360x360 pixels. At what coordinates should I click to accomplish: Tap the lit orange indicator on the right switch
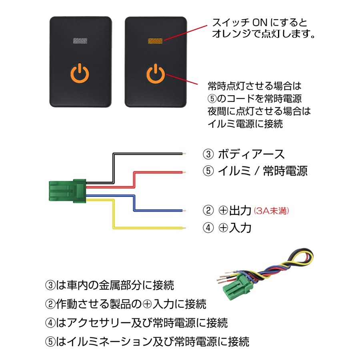(x=156, y=40)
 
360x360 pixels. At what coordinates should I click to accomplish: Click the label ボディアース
(x=251, y=154)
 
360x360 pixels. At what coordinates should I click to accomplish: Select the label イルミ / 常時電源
(x=262, y=171)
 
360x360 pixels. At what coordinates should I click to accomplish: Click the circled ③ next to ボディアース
(x=208, y=154)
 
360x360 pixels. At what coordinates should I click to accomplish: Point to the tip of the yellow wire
(x=185, y=228)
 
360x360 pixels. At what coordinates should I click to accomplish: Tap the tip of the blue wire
(x=185, y=210)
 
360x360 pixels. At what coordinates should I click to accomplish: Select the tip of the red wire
(x=185, y=172)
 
